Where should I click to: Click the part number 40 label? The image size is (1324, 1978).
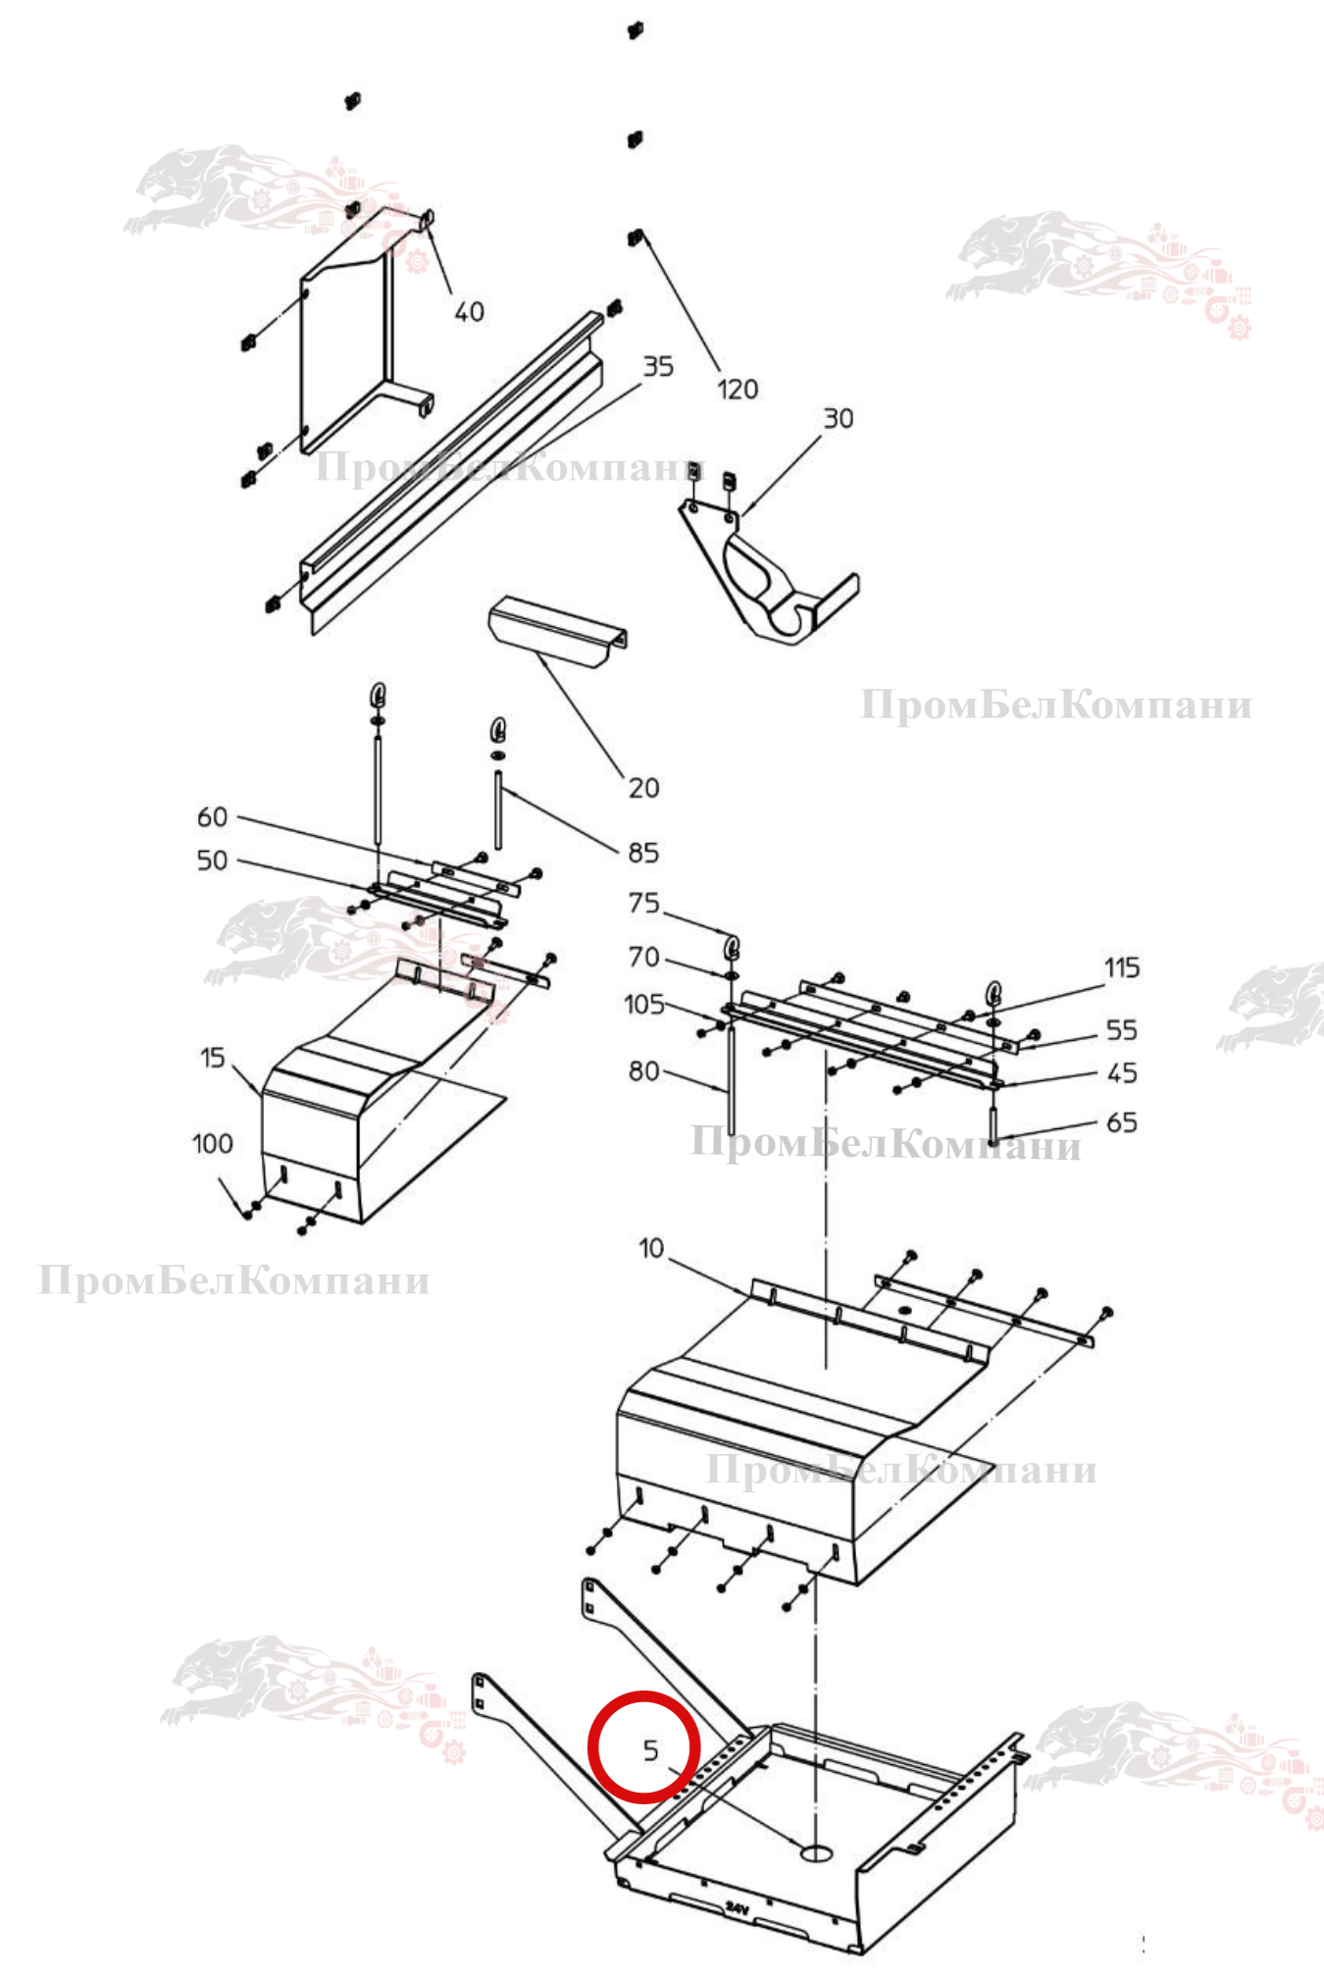pos(469,312)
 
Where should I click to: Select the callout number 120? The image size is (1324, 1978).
pos(738,390)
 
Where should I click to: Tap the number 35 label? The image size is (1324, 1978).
pos(658,367)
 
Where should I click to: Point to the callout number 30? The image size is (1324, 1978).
pos(838,419)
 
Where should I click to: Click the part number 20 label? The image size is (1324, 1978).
pos(643,788)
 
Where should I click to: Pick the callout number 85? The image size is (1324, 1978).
pos(643,853)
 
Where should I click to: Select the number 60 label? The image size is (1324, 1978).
pos(212,817)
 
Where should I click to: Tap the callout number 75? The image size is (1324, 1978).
pos(643,903)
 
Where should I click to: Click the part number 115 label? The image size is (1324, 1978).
pos(1122,968)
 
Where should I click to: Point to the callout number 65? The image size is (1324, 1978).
pos(1122,1122)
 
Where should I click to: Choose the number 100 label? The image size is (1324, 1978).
pos(212,1144)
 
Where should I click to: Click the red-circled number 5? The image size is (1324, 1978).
pos(650,1750)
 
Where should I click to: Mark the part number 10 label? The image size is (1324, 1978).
pos(651,1249)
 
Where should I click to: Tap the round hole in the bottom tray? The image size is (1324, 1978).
pos(816,1852)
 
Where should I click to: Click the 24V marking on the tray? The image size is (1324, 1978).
pos(738,1908)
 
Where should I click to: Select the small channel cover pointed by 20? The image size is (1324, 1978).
pos(557,633)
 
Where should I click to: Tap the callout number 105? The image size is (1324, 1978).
pos(644,1005)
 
